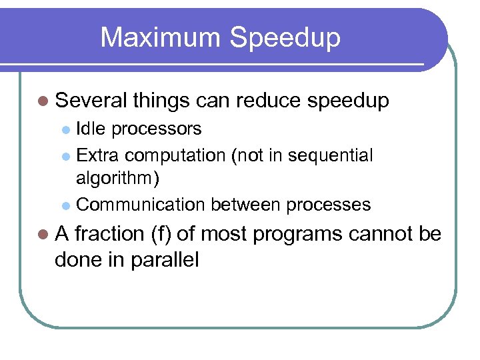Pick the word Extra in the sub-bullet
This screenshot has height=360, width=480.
[x=98, y=155]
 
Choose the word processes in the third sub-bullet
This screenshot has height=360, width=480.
[x=328, y=205]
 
